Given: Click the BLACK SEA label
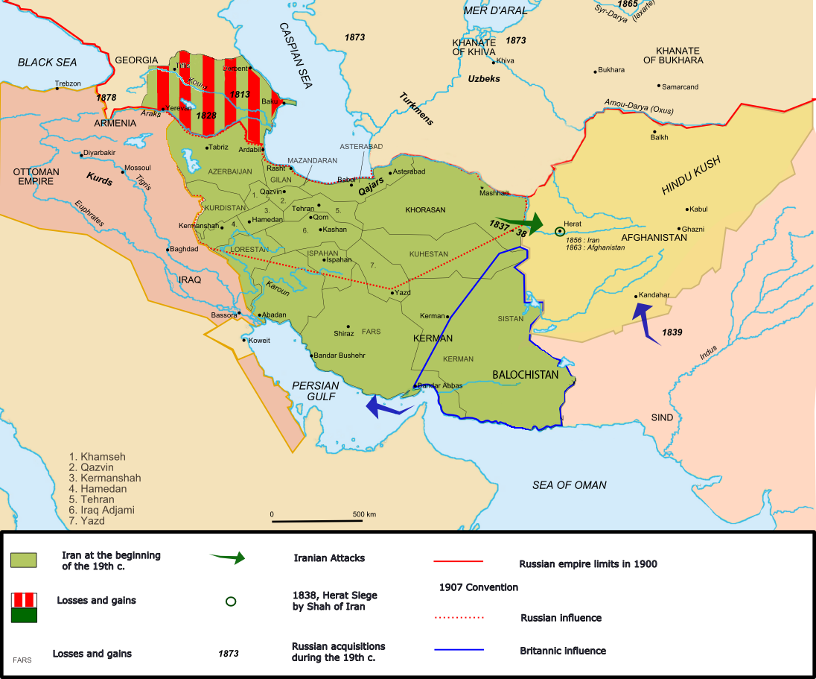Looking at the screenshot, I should tap(47, 63).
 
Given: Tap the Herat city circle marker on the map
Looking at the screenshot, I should tap(559, 232).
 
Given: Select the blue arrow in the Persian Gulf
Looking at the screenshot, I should tap(386, 407).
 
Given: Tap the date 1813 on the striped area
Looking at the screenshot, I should tap(240, 95).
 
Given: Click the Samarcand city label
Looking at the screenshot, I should tap(680, 87).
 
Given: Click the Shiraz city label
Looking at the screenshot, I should tap(344, 333).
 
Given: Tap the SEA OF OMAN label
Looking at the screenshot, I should tap(569, 485).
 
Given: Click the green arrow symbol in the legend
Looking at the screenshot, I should tap(228, 558).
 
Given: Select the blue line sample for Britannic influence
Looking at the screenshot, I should tap(459, 650).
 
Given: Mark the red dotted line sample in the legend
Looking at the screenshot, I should tap(459, 618).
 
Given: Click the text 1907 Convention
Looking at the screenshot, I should tap(478, 587).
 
